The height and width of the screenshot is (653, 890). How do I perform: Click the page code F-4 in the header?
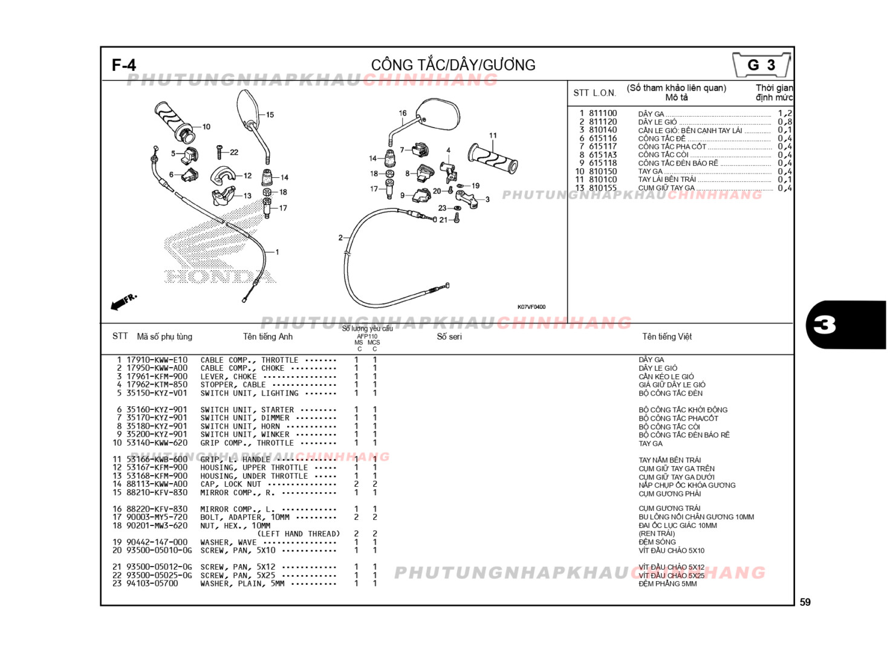[124, 65]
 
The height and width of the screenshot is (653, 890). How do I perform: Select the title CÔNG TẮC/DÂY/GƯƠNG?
[453, 65]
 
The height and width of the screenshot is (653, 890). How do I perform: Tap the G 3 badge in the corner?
[761, 65]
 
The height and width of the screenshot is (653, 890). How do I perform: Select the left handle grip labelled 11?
[493, 158]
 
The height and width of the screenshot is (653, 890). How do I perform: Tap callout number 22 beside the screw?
[234, 152]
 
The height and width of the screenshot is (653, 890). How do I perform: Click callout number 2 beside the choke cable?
[340, 238]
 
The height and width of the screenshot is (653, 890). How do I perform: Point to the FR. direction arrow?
[123, 301]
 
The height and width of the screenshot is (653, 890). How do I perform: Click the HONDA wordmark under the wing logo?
[220, 277]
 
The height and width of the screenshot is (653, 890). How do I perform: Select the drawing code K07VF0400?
[531, 307]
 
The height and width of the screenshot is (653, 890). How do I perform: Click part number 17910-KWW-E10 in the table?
[157, 360]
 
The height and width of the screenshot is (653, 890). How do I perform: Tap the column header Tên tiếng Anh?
[267, 337]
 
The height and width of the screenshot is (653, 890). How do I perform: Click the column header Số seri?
[449, 337]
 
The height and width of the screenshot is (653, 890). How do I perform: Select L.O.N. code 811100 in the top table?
[603, 113]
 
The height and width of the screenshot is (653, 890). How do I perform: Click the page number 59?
[805, 602]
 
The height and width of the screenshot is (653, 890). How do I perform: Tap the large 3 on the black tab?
[825, 325]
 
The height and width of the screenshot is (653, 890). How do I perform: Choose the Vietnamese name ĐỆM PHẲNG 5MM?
[667, 584]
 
